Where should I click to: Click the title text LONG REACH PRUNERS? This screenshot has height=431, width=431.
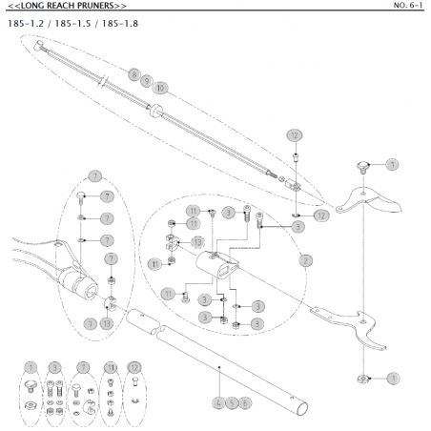66,6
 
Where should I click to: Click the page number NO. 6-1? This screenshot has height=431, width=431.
408,6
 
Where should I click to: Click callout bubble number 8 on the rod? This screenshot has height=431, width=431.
134,74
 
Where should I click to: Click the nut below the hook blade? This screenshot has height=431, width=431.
363,378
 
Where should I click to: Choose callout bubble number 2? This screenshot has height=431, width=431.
306,258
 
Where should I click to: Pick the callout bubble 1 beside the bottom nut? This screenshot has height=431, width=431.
392,379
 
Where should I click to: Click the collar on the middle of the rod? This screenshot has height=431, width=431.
152,108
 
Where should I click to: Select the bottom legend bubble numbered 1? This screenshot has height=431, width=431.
31,366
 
